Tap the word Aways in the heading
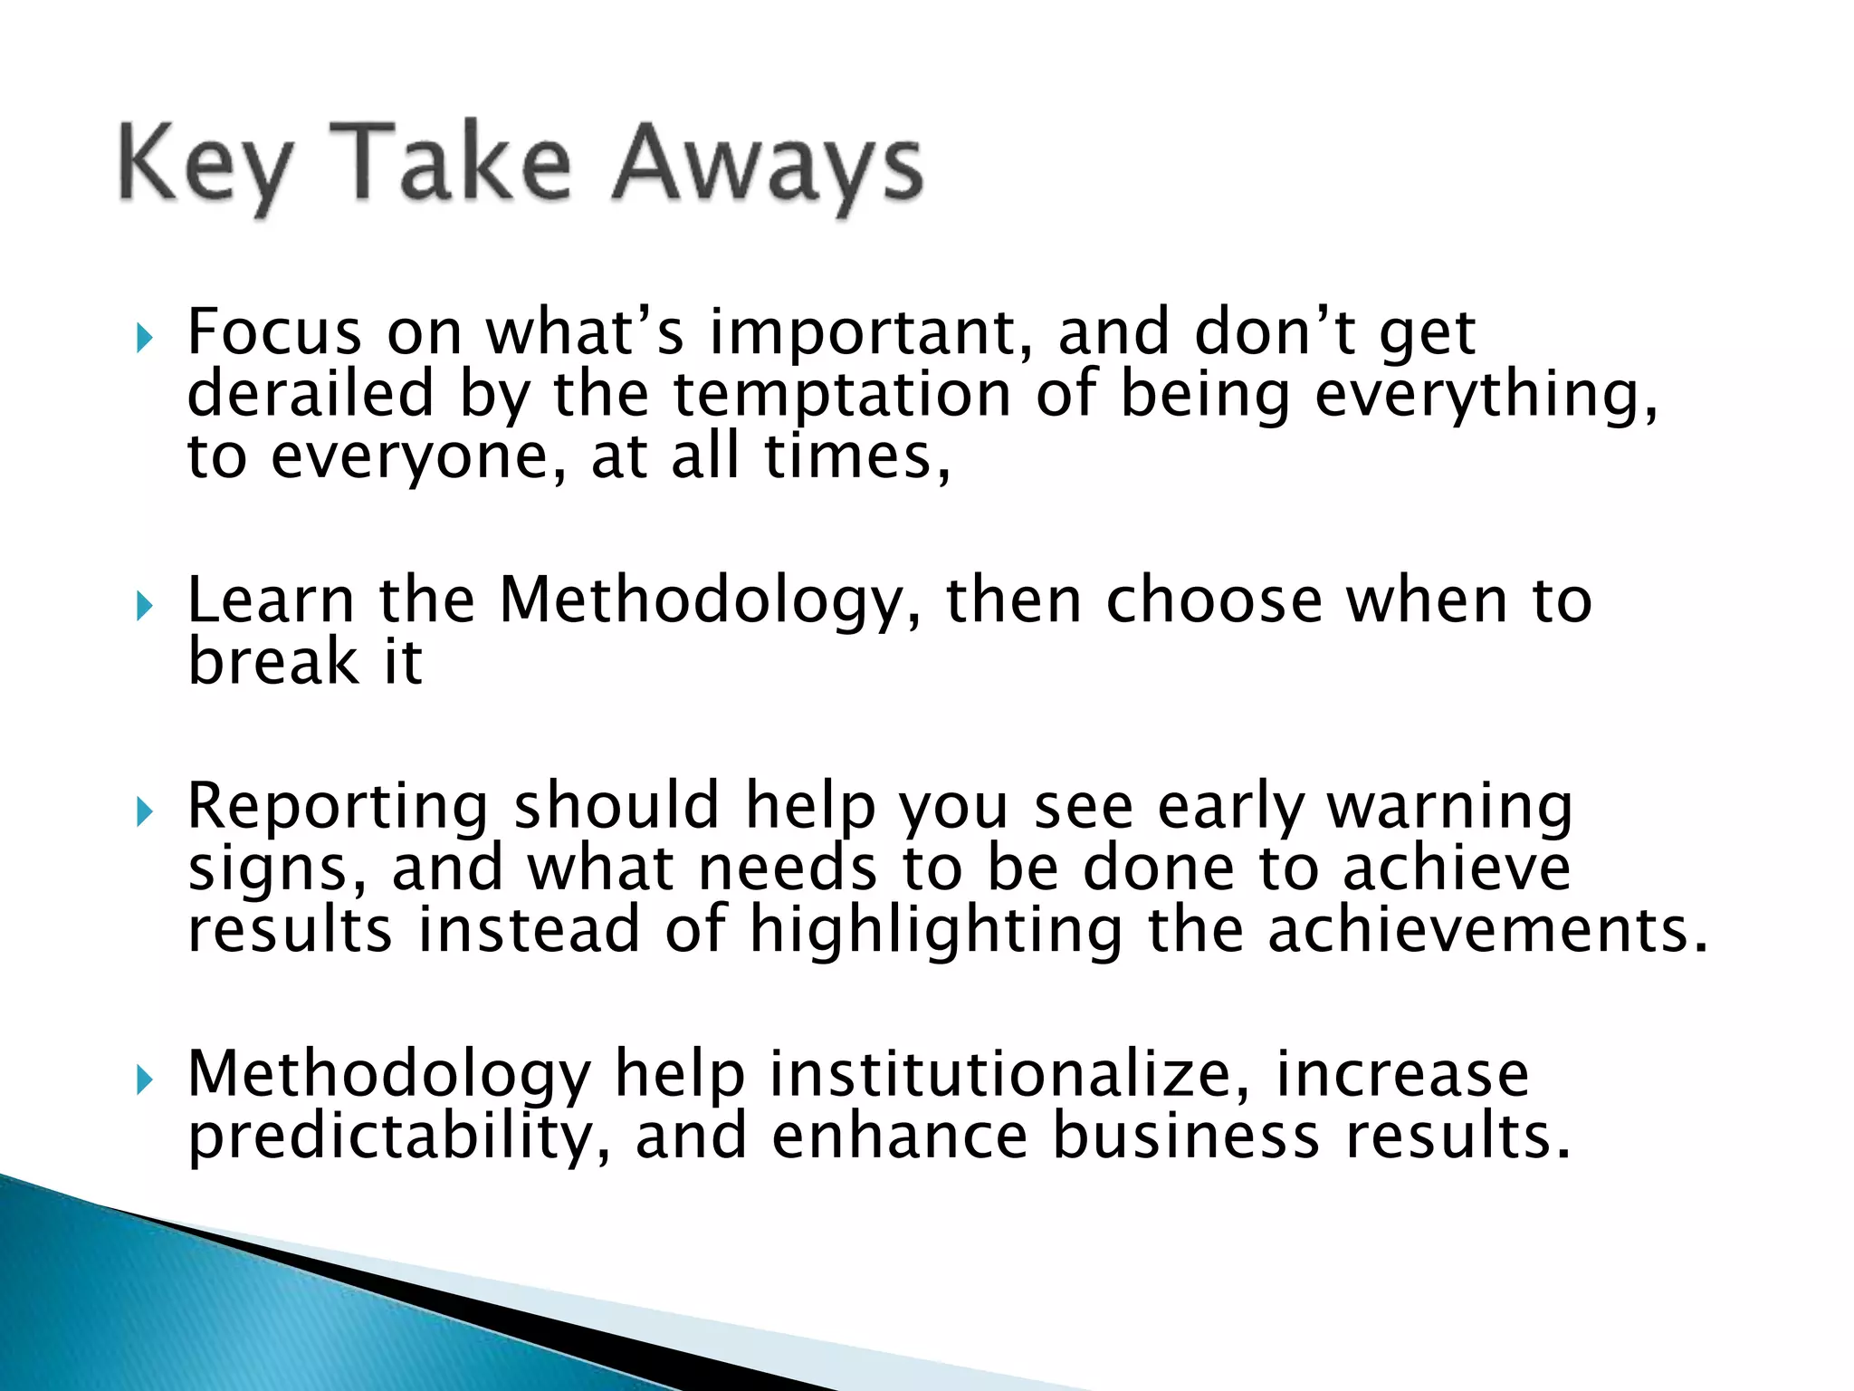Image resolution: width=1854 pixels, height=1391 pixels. point(768,166)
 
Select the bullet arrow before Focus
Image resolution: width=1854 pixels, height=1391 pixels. point(144,340)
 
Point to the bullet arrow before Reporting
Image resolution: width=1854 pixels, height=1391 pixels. point(144,812)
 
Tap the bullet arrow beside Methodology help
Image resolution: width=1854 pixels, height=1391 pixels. point(144,1079)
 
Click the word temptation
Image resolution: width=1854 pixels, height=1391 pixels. point(842,395)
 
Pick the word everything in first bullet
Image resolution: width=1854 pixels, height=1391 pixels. point(1486,395)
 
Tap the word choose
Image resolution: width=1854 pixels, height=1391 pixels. point(1214,601)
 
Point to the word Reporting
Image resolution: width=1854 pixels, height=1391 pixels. point(338,807)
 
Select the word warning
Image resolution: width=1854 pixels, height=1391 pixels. point(1449,807)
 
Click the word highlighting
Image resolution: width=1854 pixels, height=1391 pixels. point(936,931)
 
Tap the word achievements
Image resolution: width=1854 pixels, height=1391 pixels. point(1486,931)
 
